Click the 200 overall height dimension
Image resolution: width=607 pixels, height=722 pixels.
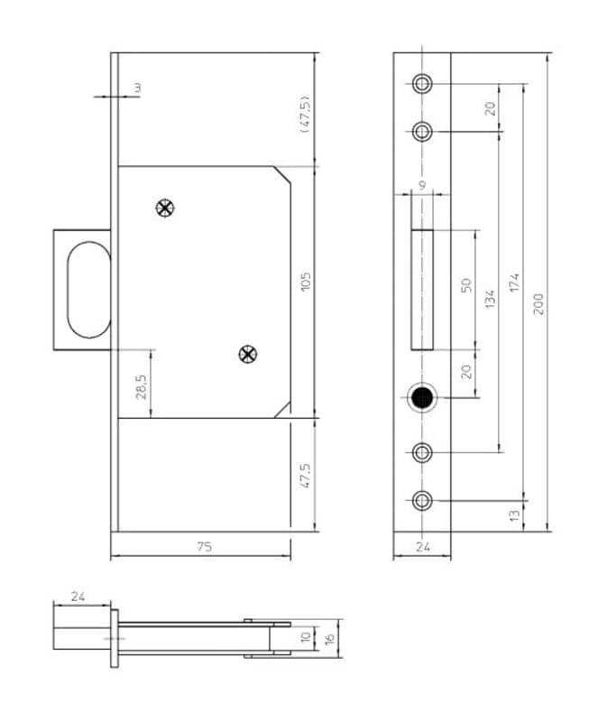[x=538, y=304]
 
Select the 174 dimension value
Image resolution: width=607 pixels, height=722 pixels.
[x=514, y=282]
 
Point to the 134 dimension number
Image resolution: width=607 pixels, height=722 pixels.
[x=490, y=299]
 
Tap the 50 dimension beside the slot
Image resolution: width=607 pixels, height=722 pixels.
[x=466, y=285]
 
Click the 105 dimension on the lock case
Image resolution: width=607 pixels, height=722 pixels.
[x=306, y=282]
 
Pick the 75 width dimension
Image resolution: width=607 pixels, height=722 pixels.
[x=205, y=547]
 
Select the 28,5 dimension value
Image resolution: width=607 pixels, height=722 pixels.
[x=142, y=387]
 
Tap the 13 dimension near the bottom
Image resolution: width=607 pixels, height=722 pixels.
[x=514, y=515]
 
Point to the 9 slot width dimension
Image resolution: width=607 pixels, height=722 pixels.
[x=422, y=185]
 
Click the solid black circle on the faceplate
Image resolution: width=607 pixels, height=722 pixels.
[x=422, y=398]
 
